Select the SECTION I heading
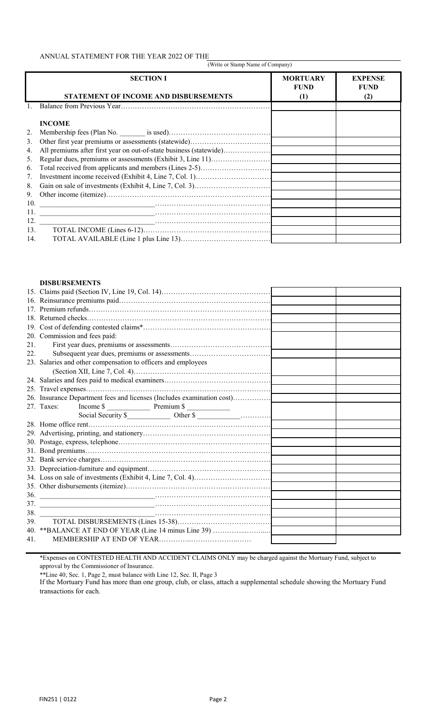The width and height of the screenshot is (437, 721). [148, 78]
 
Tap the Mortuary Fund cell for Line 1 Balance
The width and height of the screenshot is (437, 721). [304, 106]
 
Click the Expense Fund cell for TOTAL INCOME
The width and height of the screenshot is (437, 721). [368, 230]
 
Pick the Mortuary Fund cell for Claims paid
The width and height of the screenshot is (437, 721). [304, 292]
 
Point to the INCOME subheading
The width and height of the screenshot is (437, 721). [55, 123]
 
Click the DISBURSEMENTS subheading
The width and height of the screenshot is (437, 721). [70, 283]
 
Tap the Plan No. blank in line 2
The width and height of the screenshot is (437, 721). [132, 133]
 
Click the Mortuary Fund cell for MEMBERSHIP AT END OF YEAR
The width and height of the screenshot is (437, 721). [304, 539]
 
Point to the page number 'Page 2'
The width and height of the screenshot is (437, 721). [218, 699]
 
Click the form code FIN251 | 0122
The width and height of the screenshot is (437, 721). [58, 699]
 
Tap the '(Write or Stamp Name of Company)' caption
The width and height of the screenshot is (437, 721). [249, 65]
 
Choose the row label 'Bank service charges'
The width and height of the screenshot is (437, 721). [70, 460]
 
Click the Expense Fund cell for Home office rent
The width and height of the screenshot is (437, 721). [368, 424]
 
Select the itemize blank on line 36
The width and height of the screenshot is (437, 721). [97, 495]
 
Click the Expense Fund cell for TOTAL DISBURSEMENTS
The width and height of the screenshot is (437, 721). [368, 522]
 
